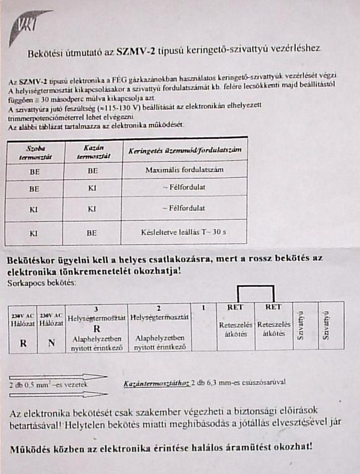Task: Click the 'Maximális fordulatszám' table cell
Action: (x=184, y=170)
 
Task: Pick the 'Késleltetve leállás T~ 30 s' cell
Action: (x=184, y=233)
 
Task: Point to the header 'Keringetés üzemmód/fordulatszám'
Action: (x=185, y=151)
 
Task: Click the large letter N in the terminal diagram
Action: (x=51, y=343)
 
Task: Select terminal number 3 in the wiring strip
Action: (x=96, y=308)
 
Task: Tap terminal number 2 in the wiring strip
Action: (x=159, y=308)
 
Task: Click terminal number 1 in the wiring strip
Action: (x=204, y=307)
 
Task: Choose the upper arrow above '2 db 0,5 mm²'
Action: (x=58, y=376)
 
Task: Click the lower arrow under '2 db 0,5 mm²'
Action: (x=58, y=394)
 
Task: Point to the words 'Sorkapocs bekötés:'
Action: (x=42, y=283)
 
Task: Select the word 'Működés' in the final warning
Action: (x=31, y=448)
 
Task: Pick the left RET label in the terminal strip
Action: (x=235, y=307)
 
